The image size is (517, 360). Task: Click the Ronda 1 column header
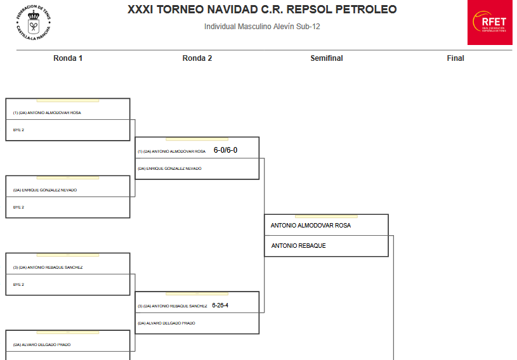tap(68, 58)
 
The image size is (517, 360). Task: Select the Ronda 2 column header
tap(197, 58)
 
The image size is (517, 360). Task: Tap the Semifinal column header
tap(326, 58)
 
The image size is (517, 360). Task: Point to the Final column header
tap(455, 58)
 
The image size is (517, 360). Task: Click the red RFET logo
tap(490, 23)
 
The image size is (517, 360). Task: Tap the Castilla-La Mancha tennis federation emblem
tap(33, 23)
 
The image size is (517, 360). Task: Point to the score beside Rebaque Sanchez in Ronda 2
tap(220, 305)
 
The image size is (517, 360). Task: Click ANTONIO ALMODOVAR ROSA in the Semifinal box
tap(310, 226)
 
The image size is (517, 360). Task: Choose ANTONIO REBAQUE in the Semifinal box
tap(298, 246)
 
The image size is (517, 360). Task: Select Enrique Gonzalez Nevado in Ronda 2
tap(169, 169)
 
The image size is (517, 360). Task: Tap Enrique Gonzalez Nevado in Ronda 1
tap(45, 190)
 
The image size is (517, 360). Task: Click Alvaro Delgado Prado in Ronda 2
tap(166, 323)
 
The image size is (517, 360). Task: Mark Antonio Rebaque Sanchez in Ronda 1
tap(48, 267)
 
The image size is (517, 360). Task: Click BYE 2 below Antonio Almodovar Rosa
tap(18, 130)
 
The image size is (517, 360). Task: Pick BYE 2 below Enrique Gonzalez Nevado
tap(18, 207)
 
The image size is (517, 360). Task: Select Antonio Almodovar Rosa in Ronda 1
tap(47, 113)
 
